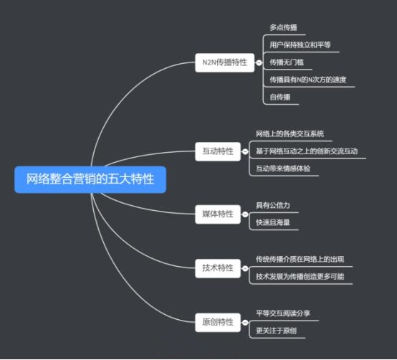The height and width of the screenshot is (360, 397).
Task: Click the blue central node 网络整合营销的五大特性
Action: (90, 179)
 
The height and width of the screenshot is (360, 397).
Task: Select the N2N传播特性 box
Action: (224, 62)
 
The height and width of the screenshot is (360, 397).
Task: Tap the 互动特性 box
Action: (218, 151)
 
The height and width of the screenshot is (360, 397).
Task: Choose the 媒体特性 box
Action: (218, 214)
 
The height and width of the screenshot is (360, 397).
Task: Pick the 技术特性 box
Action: (218, 268)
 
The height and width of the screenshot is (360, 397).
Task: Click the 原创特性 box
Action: (218, 322)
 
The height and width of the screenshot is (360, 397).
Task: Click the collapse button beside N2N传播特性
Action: (259, 62)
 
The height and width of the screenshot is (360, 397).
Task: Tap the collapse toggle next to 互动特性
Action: (245, 151)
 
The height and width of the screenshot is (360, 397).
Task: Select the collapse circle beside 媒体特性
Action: (245, 214)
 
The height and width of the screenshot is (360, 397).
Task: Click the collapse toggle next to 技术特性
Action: (245, 268)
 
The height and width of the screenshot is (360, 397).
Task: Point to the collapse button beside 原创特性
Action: (245, 323)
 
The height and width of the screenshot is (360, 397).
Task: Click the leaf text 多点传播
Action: (283, 27)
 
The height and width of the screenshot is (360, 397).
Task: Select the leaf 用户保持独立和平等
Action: (300, 45)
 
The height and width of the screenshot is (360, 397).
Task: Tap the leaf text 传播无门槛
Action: (287, 62)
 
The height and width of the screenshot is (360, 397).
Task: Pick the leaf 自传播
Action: (279, 97)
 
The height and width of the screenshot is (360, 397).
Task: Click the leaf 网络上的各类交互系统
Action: (290, 133)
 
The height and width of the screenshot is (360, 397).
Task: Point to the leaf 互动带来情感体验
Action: (283, 169)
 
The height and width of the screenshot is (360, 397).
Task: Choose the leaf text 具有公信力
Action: (273, 205)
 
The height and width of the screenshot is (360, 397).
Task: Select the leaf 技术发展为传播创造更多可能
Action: (300, 276)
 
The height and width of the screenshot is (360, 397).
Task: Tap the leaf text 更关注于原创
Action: (276, 331)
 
